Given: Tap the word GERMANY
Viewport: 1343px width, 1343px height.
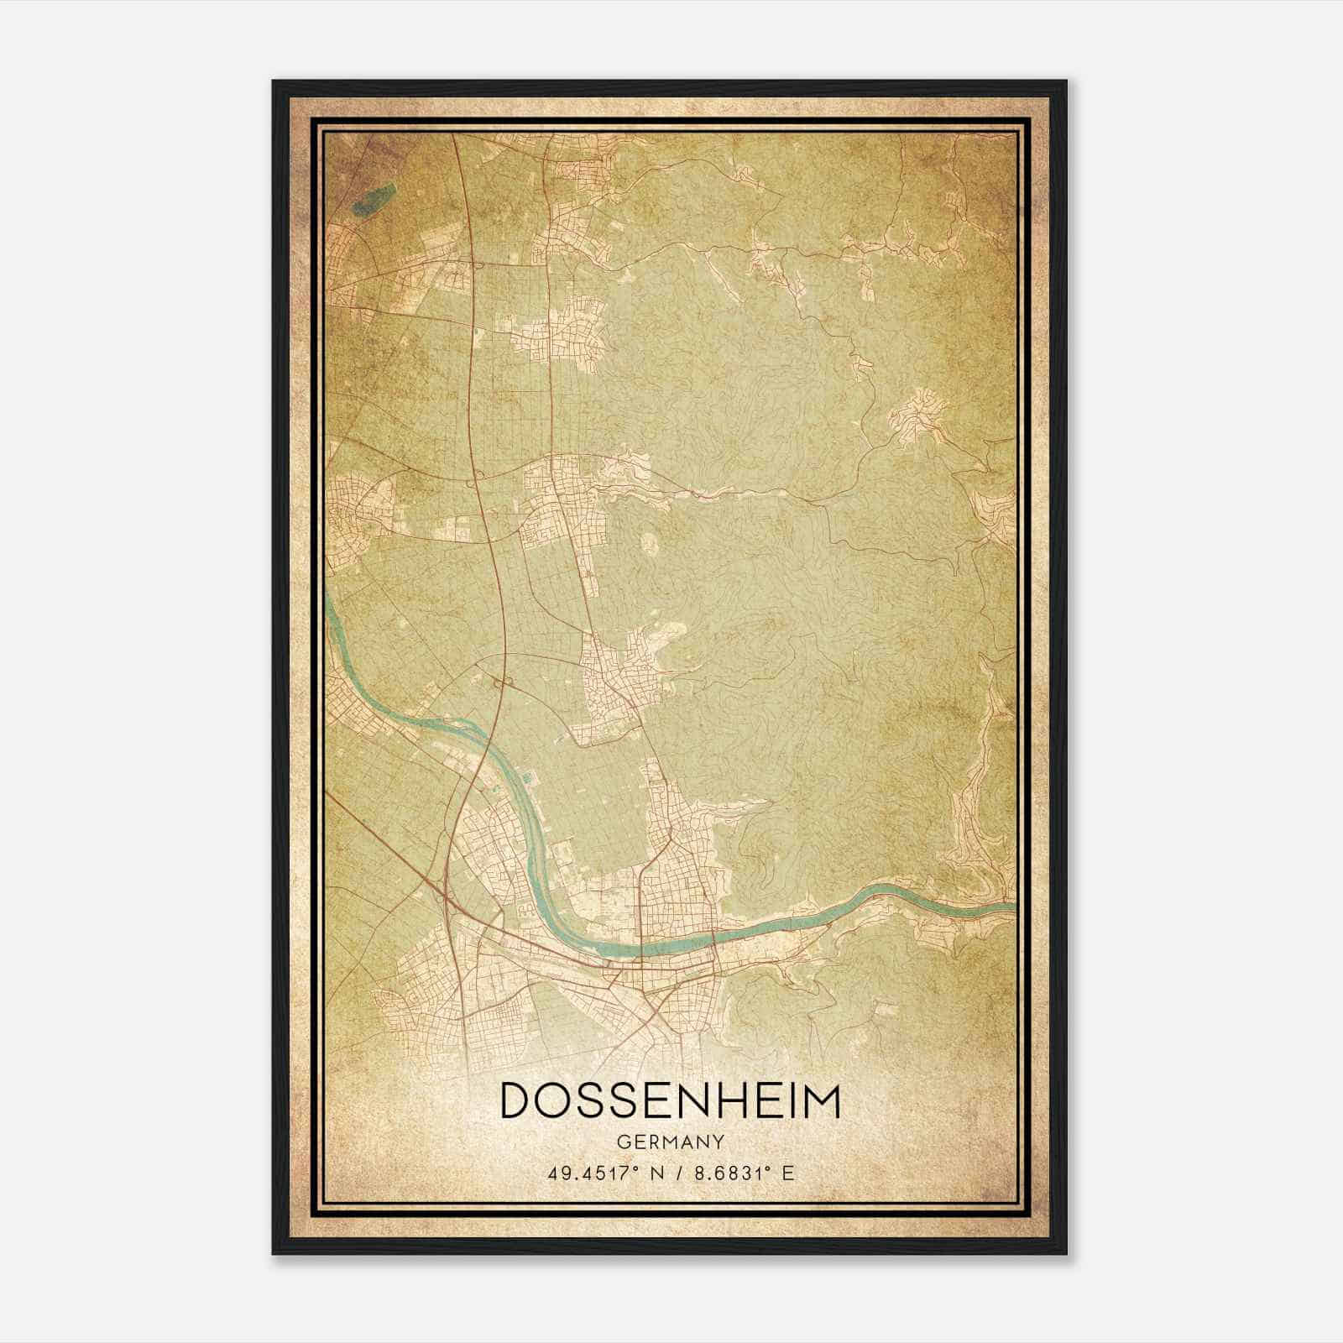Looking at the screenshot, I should click(670, 1142).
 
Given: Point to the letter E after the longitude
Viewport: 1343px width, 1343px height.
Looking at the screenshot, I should click(787, 1173).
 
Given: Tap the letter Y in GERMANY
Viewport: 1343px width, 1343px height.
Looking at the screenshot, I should click(719, 1142).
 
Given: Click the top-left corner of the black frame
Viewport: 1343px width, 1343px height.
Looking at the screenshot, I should click(274, 82).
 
